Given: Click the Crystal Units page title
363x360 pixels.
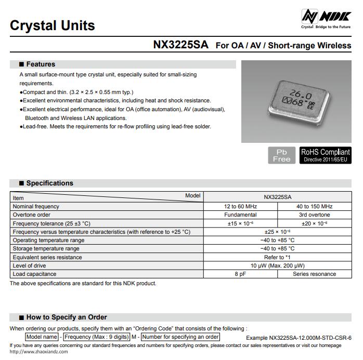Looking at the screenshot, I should (x=52, y=25).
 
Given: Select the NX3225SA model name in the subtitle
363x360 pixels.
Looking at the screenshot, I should (x=180, y=45).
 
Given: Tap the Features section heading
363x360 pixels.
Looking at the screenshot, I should (x=41, y=64).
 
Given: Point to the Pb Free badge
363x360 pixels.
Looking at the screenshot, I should (x=281, y=155).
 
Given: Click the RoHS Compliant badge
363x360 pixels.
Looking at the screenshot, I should (x=325, y=155).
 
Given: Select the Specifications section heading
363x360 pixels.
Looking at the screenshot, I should (x=49, y=183).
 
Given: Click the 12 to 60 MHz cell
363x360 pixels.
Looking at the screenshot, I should (x=240, y=206).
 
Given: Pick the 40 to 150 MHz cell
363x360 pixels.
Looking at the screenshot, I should (x=314, y=206).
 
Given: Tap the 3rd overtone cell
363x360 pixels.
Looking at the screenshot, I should (x=314, y=215).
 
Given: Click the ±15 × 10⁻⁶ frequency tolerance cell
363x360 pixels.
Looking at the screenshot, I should (x=240, y=223).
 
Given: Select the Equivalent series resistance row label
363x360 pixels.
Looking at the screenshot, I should (x=47, y=257).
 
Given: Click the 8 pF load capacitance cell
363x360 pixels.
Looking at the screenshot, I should (x=240, y=274).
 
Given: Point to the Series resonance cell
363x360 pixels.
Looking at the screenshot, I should (x=314, y=274).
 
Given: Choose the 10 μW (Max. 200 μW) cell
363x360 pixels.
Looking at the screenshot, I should (x=277, y=265).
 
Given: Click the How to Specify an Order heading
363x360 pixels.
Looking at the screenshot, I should (x=66, y=317).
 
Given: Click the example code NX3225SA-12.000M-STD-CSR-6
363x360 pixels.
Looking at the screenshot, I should (x=310, y=338).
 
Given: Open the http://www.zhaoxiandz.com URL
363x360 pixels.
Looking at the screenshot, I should (x=38, y=352).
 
